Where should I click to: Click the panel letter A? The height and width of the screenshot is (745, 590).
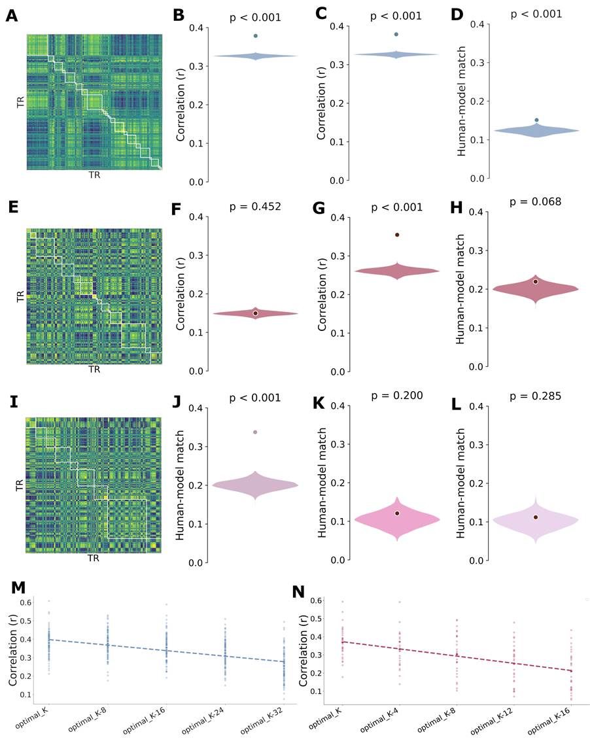point(12,16)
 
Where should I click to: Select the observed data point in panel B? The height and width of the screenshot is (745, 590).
point(256,36)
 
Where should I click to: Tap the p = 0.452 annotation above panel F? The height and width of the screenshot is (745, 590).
point(255,207)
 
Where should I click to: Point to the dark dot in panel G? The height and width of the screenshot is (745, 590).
point(397,234)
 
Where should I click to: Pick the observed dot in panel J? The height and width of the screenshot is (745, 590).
point(255,432)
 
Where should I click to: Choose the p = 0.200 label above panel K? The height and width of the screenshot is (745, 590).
point(396,395)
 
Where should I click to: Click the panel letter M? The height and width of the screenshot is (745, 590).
point(14,592)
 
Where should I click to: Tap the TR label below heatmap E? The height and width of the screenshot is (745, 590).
point(94,369)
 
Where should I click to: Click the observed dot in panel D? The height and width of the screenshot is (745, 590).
point(536,120)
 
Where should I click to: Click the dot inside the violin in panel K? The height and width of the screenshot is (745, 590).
point(397,513)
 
